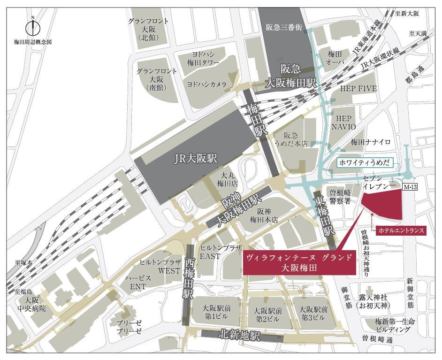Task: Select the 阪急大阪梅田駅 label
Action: [x=291, y=76]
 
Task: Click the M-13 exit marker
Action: [x=410, y=186]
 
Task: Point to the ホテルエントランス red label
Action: [x=400, y=231]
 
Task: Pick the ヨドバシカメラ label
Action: [x=207, y=84]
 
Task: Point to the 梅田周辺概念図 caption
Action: [x=33, y=42]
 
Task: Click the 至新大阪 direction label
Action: [x=406, y=14]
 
